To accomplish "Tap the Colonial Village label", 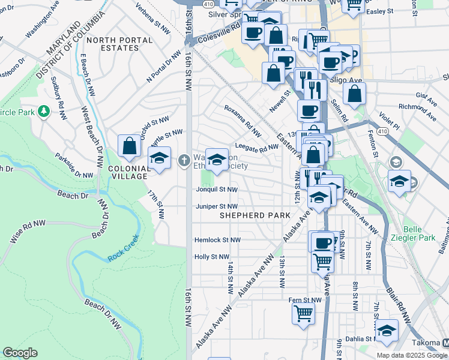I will [x=128, y=173].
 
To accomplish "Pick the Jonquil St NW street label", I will [x=217, y=190].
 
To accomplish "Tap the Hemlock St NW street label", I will [x=217, y=240].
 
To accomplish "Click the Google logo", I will [x=20, y=353].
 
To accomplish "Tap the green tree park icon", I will [x=43, y=112].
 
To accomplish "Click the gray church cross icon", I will [x=184, y=160].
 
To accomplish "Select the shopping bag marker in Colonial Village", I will [x=130, y=146].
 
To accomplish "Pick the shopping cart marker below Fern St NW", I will [x=304, y=313].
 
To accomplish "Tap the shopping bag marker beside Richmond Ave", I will [x=355, y=93].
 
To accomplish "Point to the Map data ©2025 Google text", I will [x=412, y=355].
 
